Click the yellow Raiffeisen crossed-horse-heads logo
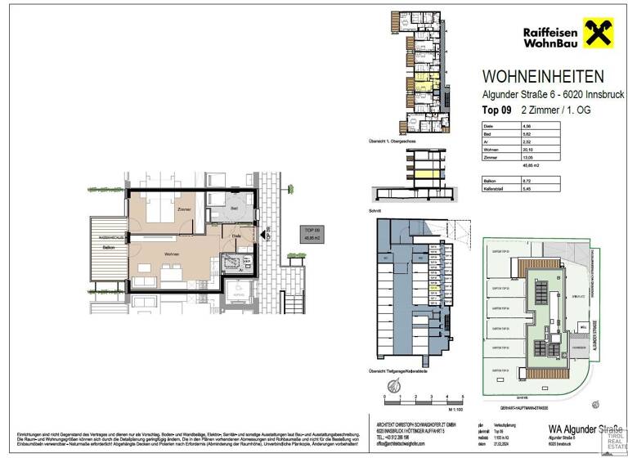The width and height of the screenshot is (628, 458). click(599, 34)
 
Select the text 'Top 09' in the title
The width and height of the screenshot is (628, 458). click(495, 109)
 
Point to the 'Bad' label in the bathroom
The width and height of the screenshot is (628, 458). click(234, 209)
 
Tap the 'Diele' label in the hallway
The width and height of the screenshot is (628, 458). click(235, 236)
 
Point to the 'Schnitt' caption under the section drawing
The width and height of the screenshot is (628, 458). click(375, 210)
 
